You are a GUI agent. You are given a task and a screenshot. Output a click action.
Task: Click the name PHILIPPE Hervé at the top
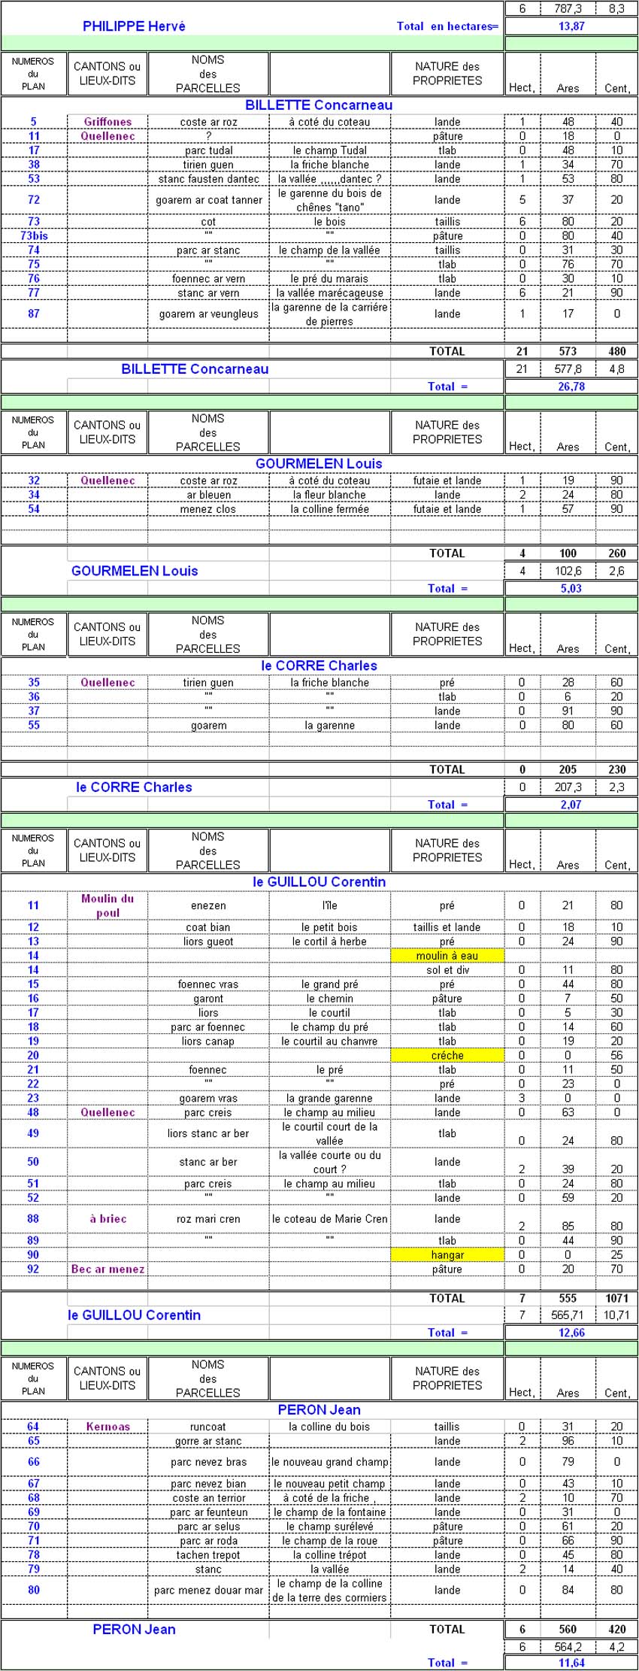pyautogui.click(x=134, y=26)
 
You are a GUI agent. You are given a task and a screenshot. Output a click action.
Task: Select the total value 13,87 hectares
pyautogui.click(x=571, y=26)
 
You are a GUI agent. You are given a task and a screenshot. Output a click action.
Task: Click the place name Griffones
pyautogui.click(x=108, y=122)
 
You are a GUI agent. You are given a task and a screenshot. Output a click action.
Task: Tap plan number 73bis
pyautogui.click(x=34, y=235)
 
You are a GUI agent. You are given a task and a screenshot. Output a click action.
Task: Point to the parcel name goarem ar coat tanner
pyautogui.click(x=209, y=200)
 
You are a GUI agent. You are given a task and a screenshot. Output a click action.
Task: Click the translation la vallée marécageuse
pyautogui.click(x=329, y=293)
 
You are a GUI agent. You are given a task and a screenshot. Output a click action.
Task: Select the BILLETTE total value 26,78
pyautogui.click(x=571, y=387)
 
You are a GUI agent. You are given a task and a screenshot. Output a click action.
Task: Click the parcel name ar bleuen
pyautogui.click(x=209, y=495)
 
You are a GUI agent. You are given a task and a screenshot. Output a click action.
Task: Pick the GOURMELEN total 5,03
pyautogui.click(x=571, y=589)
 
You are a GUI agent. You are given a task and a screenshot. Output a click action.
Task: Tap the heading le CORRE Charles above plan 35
pyautogui.click(x=319, y=666)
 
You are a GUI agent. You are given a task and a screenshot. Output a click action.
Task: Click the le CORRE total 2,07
pyautogui.click(x=571, y=805)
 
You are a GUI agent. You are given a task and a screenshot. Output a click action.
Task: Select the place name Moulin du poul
pyautogui.click(x=108, y=905)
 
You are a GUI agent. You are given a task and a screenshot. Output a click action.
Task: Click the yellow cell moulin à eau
pyautogui.click(x=447, y=956)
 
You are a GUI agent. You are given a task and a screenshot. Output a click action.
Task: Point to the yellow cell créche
pyautogui.click(x=447, y=1056)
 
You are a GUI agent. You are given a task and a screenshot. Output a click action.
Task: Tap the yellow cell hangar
pyautogui.click(x=447, y=1255)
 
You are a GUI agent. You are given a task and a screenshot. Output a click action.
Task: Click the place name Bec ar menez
pyautogui.click(x=108, y=1269)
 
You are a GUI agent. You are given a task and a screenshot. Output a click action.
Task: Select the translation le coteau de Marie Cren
pyautogui.click(x=329, y=1219)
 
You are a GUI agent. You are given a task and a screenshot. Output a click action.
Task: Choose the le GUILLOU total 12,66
pyautogui.click(x=571, y=1333)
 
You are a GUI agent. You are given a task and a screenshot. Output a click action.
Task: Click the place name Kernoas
pyautogui.click(x=108, y=1427)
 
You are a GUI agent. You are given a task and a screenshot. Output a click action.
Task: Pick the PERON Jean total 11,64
pyautogui.click(x=571, y=1663)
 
